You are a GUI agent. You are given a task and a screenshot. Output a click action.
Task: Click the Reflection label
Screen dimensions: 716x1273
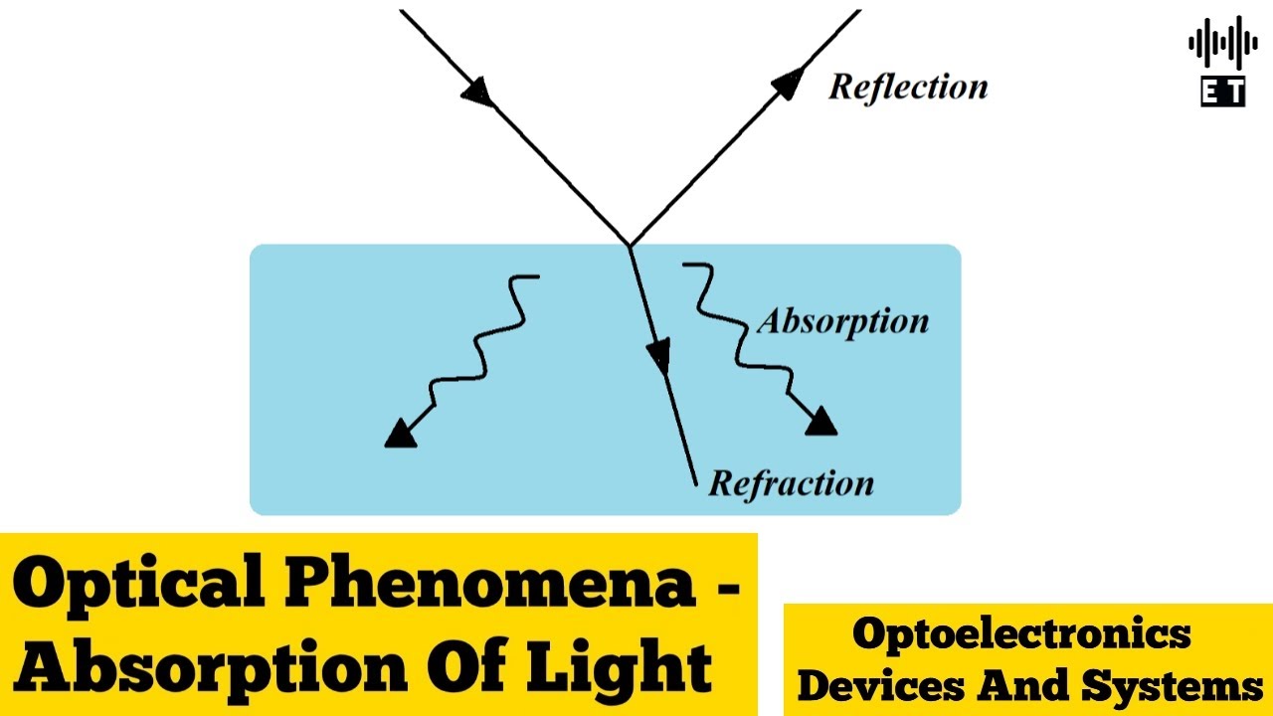click(908, 87)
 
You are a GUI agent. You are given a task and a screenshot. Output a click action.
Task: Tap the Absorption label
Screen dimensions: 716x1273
click(842, 321)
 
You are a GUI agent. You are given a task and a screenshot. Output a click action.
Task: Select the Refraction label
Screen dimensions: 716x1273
click(791, 483)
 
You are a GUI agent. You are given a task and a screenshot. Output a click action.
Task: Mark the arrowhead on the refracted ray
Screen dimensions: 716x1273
click(658, 355)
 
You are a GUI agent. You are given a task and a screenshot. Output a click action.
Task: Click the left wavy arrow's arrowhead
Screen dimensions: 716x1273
click(399, 434)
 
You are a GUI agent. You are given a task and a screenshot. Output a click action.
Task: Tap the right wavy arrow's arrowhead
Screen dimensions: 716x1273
click(820, 422)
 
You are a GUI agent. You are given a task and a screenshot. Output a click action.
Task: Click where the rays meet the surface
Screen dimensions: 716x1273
click(630, 245)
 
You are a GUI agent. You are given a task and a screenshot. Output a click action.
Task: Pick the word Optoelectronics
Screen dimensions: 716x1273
click(1021, 633)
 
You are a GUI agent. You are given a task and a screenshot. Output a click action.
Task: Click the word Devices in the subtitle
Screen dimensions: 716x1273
click(881, 686)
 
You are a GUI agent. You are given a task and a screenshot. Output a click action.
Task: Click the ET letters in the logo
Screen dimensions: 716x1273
click(1222, 92)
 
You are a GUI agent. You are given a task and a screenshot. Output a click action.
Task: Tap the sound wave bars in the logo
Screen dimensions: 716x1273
click(1222, 45)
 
